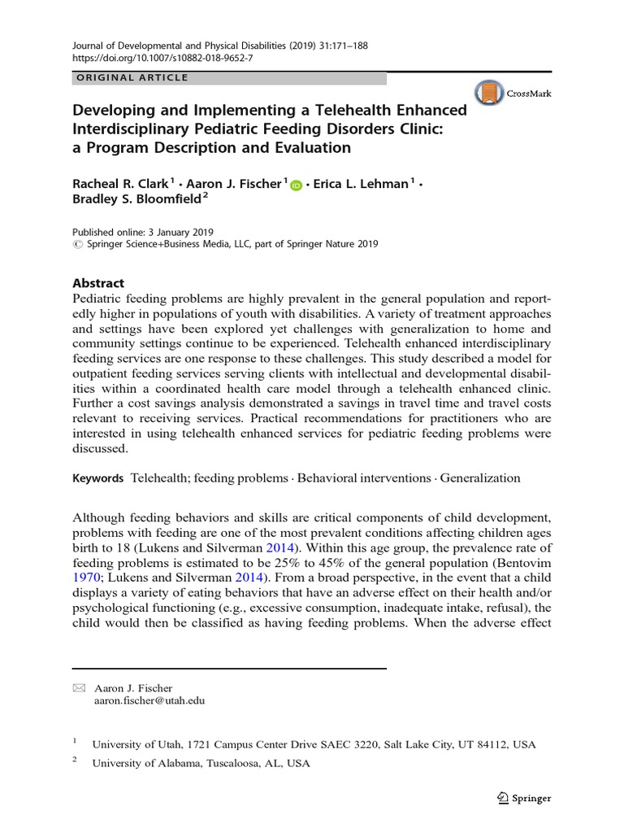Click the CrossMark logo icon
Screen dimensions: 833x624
tap(487, 94)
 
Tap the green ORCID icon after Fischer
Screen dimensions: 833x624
tap(295, 185)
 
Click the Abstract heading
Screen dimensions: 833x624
tap(98, 283)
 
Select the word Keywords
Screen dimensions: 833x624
tap(98, 478)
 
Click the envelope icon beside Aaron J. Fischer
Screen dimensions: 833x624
tap(79, 688)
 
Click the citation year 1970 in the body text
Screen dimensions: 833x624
tap(87, 578)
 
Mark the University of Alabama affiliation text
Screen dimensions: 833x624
tap(201, 763)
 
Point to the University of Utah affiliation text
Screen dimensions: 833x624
tap(314, 744)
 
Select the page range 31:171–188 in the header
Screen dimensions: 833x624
tap(335, 46)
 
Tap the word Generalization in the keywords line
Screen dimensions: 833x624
tap(481, 478)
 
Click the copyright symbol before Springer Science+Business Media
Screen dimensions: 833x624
tap(78, 244)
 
